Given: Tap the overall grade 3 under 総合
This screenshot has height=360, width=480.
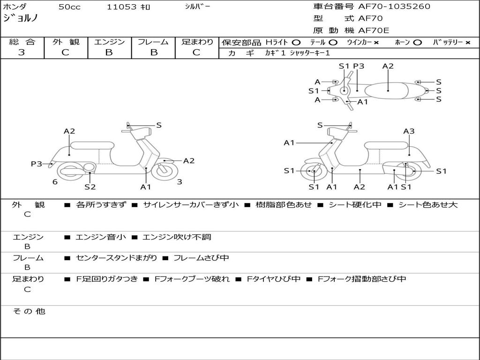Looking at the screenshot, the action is (22, 52).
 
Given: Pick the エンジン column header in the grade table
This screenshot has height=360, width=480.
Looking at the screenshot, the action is (109, 42).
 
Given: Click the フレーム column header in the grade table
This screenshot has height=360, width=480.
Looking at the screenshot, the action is (153, 42).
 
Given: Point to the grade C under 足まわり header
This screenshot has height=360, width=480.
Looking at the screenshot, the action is (196, 52).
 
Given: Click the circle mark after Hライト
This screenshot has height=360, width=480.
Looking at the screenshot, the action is (296, 43).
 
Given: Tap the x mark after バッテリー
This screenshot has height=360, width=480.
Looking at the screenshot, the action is (467, 43).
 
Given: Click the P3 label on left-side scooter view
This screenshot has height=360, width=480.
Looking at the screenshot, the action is (37, 164).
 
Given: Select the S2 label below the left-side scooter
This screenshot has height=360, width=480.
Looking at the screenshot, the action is (90, 187).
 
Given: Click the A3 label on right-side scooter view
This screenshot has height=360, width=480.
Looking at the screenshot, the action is (409, 131).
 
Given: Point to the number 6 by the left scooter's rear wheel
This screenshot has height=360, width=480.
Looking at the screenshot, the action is (55, 182).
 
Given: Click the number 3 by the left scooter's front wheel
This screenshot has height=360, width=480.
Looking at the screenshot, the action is (180, 182).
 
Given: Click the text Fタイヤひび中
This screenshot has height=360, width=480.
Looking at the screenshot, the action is (274, 279).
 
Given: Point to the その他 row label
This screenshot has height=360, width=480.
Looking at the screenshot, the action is (29, 311).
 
